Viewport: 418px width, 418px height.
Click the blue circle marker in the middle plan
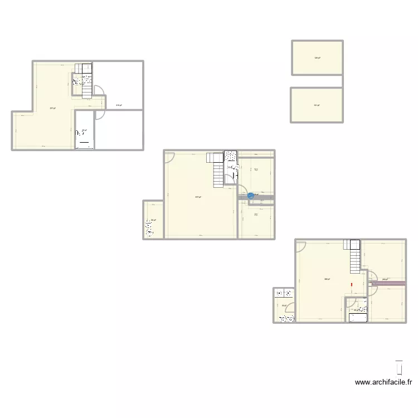(x=250, y=196)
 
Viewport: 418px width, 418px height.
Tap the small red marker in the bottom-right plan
(x=352, y=286)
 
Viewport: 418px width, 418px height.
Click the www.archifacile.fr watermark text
(x=384, y=382)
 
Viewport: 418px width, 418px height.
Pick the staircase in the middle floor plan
(x=216, y=170)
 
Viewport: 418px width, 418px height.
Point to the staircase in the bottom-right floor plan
(x=353, y=256)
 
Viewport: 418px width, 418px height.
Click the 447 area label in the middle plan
(x=198, y=197)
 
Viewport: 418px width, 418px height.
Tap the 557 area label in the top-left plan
(x=52, y=108)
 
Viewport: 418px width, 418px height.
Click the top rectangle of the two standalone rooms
(x=317, y=57)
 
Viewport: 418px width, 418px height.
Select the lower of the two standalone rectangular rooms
(x=316, y=105)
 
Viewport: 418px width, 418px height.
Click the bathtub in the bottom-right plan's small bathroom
(x=357, y=318)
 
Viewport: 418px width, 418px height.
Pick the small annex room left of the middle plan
(x=153, y=220)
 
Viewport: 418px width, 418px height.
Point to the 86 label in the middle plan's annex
(x=153, y=220)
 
